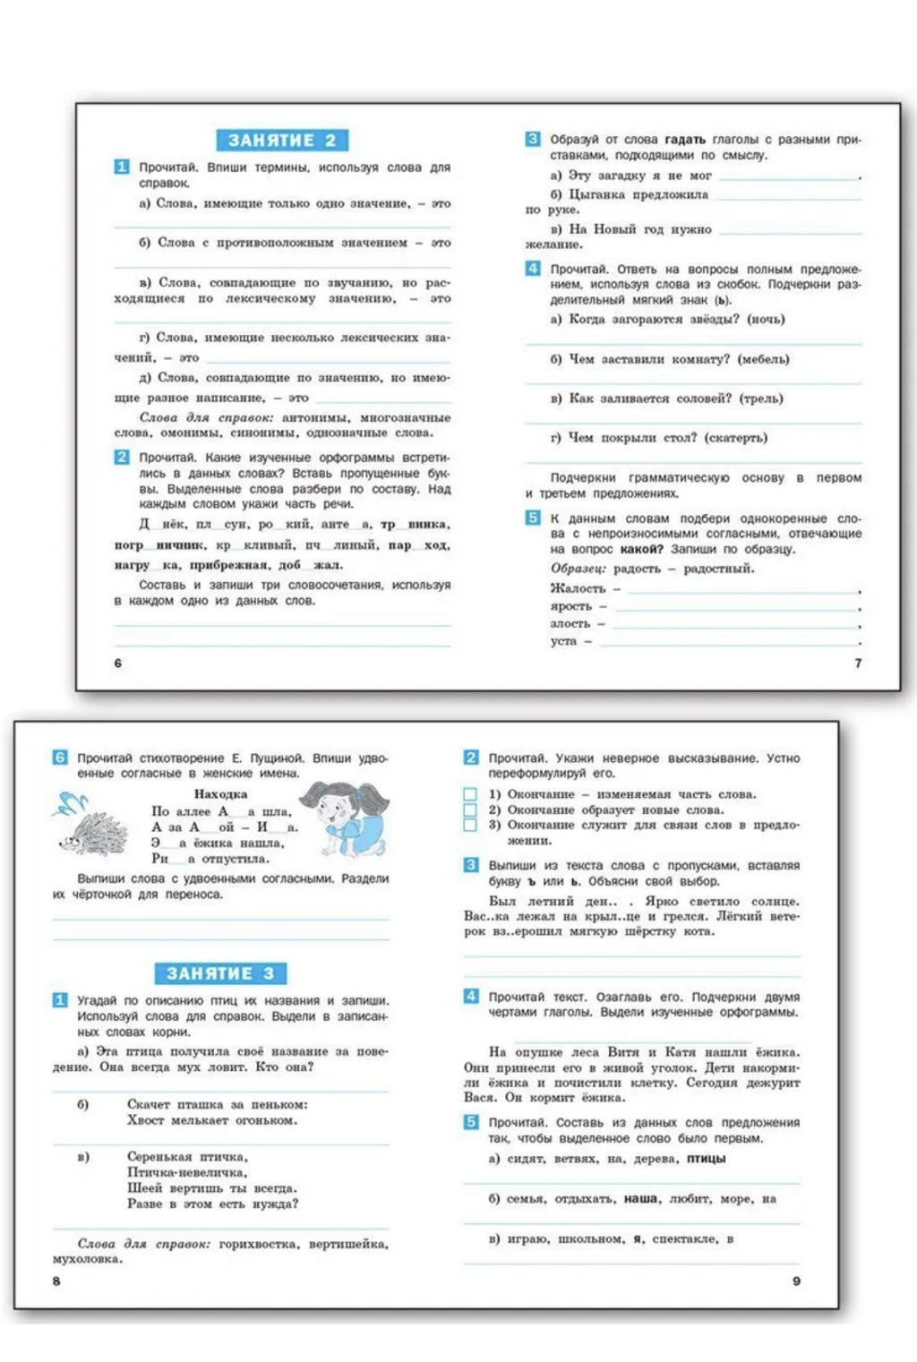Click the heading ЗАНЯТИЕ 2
(282, 141)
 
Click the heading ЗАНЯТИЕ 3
(220, 973)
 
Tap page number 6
(118, 663)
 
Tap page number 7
(858, 663)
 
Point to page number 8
(56, 1281)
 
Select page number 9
(796, 1281)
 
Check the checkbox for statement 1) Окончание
(470, 794)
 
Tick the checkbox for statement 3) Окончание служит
(470, 825)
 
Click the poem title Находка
(220, 794)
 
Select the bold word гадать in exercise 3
(685, 140)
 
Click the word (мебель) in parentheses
(763, 359)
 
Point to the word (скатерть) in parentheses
(736, 438)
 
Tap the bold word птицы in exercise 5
(706, 1159)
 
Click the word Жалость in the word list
(578, 588)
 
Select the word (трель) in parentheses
(760, 398)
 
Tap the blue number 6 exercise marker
(60, 758)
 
